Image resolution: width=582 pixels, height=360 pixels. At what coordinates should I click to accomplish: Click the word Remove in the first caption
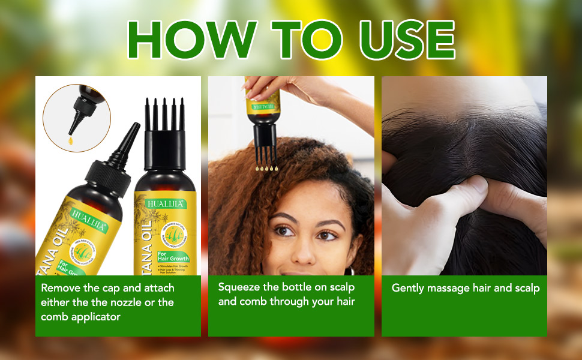(61, 288)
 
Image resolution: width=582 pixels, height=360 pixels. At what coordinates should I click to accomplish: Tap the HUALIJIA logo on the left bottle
(89, 212)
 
